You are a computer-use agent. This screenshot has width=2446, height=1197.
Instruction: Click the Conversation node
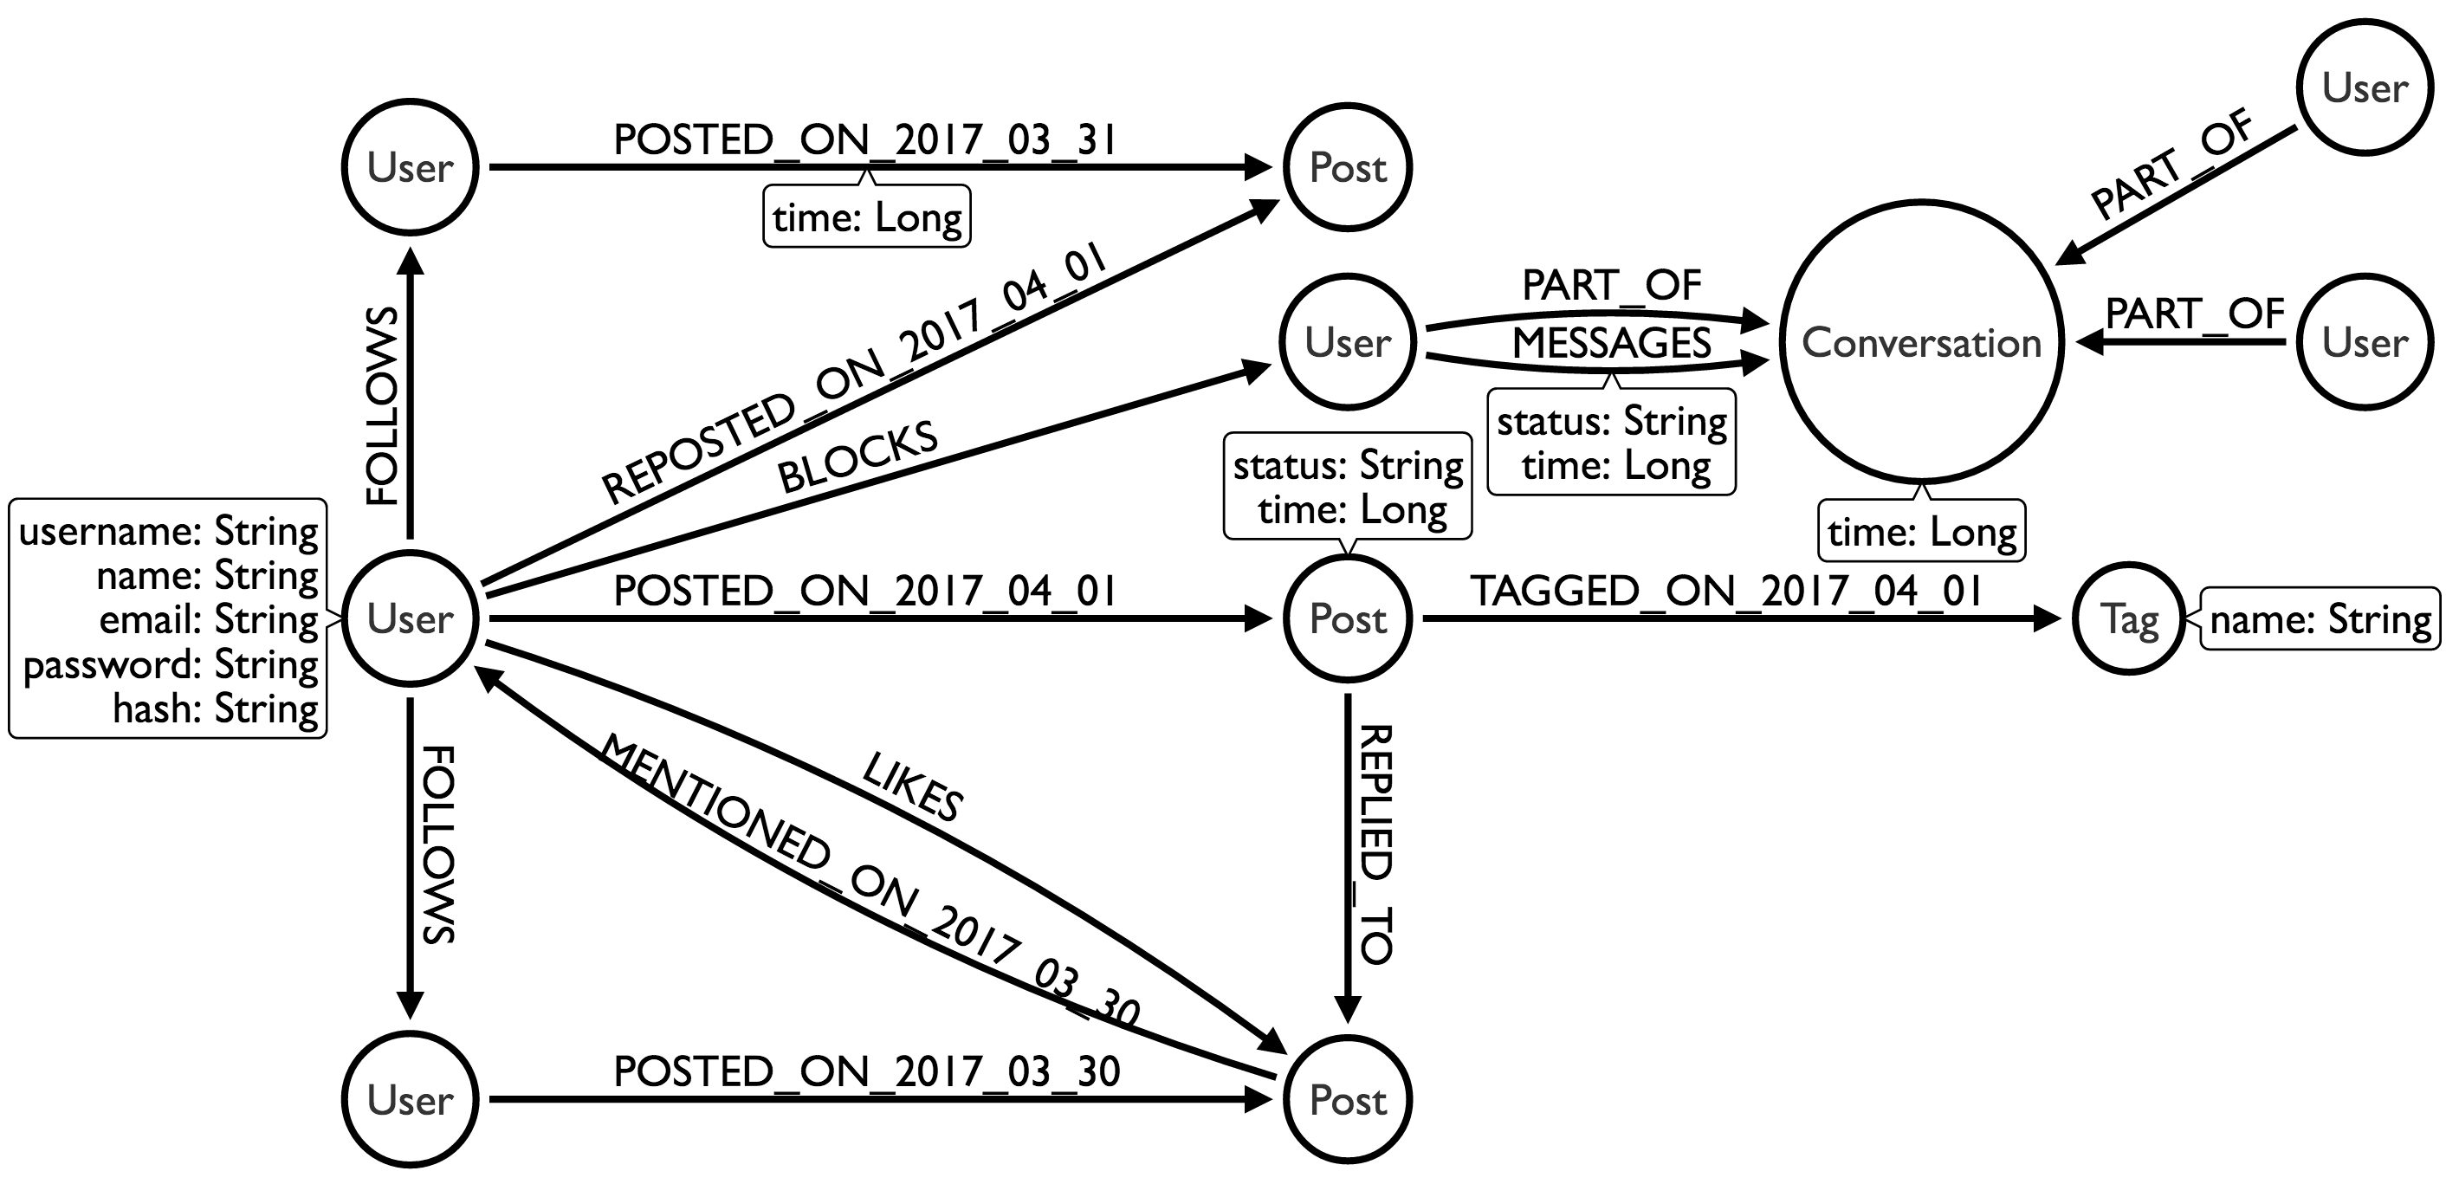(x=1921, y=342)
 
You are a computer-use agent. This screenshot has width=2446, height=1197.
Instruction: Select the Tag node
(x=2129, y=619)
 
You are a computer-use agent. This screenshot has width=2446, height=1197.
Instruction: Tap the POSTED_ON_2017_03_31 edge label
(x=865, y=140)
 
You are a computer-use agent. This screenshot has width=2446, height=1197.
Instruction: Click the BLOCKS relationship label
(x=857, y=457)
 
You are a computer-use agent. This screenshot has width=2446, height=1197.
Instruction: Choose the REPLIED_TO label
(x=1375, y=844)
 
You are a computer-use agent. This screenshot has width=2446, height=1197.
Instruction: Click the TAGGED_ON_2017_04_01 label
(x=1726, y=592)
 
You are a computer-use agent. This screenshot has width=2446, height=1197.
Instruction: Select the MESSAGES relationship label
(x=1611, y=343)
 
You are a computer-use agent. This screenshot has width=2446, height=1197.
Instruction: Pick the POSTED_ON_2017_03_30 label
(x=867, y=1071)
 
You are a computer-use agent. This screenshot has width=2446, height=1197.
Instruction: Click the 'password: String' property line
(x=171, y=664)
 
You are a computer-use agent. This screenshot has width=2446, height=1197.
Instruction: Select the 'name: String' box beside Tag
(x=2320, y=620)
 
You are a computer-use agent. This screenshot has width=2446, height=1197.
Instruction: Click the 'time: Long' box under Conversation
(x=1922, y=532)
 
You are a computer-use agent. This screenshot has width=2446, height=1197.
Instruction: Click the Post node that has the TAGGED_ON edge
(x=1348, y=619)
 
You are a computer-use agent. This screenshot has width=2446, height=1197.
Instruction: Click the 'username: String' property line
(x=169, y=531)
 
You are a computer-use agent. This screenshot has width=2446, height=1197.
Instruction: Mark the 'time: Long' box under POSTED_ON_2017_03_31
(x=867, y=217)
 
